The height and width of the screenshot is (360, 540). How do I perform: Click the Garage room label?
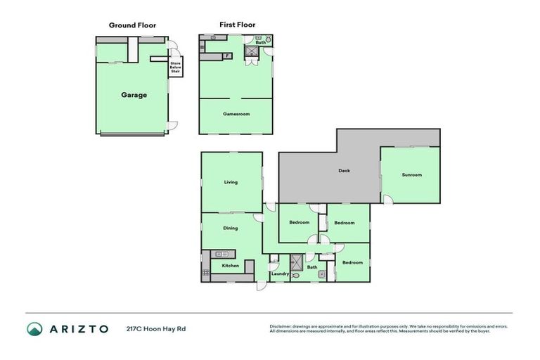(134, 95)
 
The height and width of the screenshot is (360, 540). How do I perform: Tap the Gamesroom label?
(236, 114)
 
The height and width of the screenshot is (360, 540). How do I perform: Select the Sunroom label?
(412, 174)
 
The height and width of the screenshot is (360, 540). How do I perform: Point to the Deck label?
(344, 170)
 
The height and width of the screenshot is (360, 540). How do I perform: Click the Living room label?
(231, 182)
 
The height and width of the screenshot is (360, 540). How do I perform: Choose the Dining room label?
(231, 228)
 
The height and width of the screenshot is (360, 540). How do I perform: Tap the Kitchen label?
(231, 266)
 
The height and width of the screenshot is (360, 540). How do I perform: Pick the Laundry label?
(281, 273)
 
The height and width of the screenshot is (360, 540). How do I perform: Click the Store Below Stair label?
(176, 67)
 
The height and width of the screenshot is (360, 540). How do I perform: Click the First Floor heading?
(237, 25)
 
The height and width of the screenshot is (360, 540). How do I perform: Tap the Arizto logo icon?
(34, 328)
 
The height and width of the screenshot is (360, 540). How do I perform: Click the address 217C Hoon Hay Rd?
(156, 328)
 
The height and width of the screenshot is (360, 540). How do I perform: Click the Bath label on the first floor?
(260, 43)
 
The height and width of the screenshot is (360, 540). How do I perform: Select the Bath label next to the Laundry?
(312, 267)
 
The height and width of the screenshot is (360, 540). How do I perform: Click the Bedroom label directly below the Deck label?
(345, 223)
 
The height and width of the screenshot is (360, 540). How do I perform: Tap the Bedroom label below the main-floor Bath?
(352, 262)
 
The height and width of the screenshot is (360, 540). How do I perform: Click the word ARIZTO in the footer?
(79, 328)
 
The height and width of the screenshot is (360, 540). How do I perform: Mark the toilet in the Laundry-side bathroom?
(295, 276)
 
